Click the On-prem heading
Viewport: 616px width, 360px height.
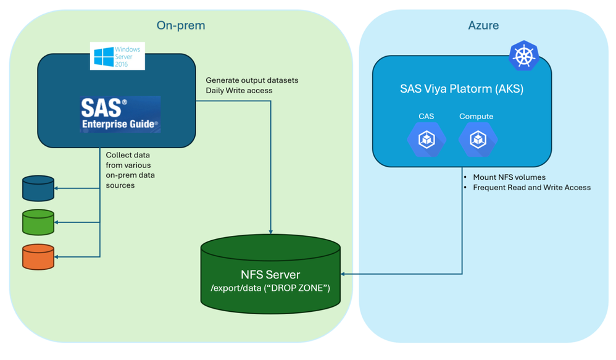point(181,25)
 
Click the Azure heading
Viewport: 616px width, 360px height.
point(483,25)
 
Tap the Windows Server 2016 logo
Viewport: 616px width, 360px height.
point(117,56)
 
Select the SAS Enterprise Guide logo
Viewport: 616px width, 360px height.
point(120,114)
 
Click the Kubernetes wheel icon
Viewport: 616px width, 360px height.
point(523,56)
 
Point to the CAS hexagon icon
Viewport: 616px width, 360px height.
point(427,140)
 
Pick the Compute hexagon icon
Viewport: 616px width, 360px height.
point(478,140)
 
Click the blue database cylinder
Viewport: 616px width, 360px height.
point(38,188)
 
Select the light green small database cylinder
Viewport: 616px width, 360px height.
point(38,222)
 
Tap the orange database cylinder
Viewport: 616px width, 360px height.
point(38,257)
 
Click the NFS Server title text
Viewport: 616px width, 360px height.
point(270,274)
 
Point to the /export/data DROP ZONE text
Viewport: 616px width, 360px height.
point(270,288)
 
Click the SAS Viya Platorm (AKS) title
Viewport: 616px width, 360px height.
point(462,89)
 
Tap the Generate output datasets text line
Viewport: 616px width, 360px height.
point(252,80)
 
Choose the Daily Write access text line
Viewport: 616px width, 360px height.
point(239,90)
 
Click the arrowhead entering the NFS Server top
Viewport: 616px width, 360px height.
point(271,232)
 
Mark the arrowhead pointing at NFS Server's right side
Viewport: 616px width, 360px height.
point(343,274)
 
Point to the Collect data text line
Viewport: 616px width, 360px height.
point(128,155)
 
